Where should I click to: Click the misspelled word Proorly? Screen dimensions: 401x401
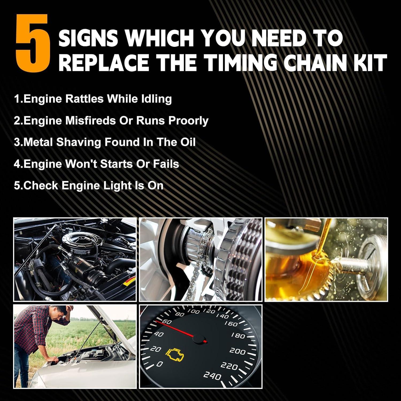point(188,121)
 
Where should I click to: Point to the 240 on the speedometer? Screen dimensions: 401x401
point(212,376)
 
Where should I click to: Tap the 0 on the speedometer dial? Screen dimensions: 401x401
point(160,364)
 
